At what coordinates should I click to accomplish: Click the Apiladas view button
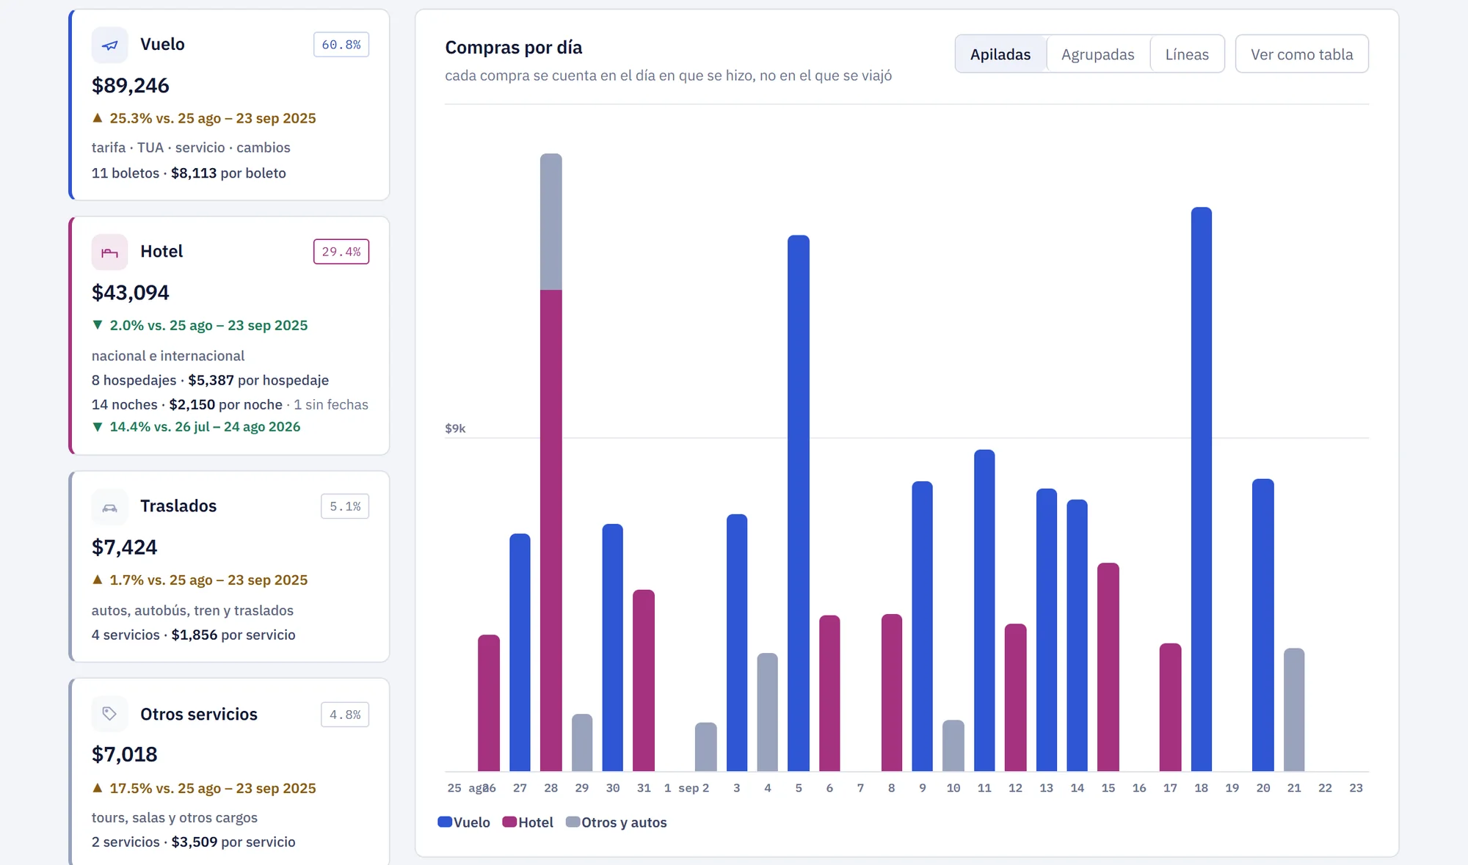coord(1000,54)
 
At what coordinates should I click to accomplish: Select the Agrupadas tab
coord(1097,54)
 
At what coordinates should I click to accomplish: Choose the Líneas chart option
coord(1187,54)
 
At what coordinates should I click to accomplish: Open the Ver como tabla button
coord(1301,54)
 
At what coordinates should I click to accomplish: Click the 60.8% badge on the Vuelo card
coord(341,45)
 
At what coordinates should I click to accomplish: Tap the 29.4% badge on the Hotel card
coord(341,252)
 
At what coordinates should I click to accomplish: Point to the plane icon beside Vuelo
coord(109,45)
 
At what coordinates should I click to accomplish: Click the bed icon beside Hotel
coord(109,252)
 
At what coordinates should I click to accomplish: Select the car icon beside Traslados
coord(109,507)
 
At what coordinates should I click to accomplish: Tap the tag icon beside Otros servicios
coord(109,714)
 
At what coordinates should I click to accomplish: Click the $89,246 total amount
coord(131,86)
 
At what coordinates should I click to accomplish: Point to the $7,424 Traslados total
coord(125,547)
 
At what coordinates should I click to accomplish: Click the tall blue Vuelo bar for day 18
coord(1202,489)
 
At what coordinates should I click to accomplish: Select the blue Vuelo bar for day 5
coord(799,503)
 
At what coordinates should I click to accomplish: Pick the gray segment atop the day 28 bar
coord(551,222)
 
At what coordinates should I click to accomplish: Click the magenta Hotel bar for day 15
coord(1108,667)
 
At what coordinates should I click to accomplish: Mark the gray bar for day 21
coord(1294,709)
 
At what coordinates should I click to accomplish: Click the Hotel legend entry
coord(528,822)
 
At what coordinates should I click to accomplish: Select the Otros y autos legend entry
coord(617,822)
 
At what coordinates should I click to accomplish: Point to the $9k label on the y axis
coord(455,428)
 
